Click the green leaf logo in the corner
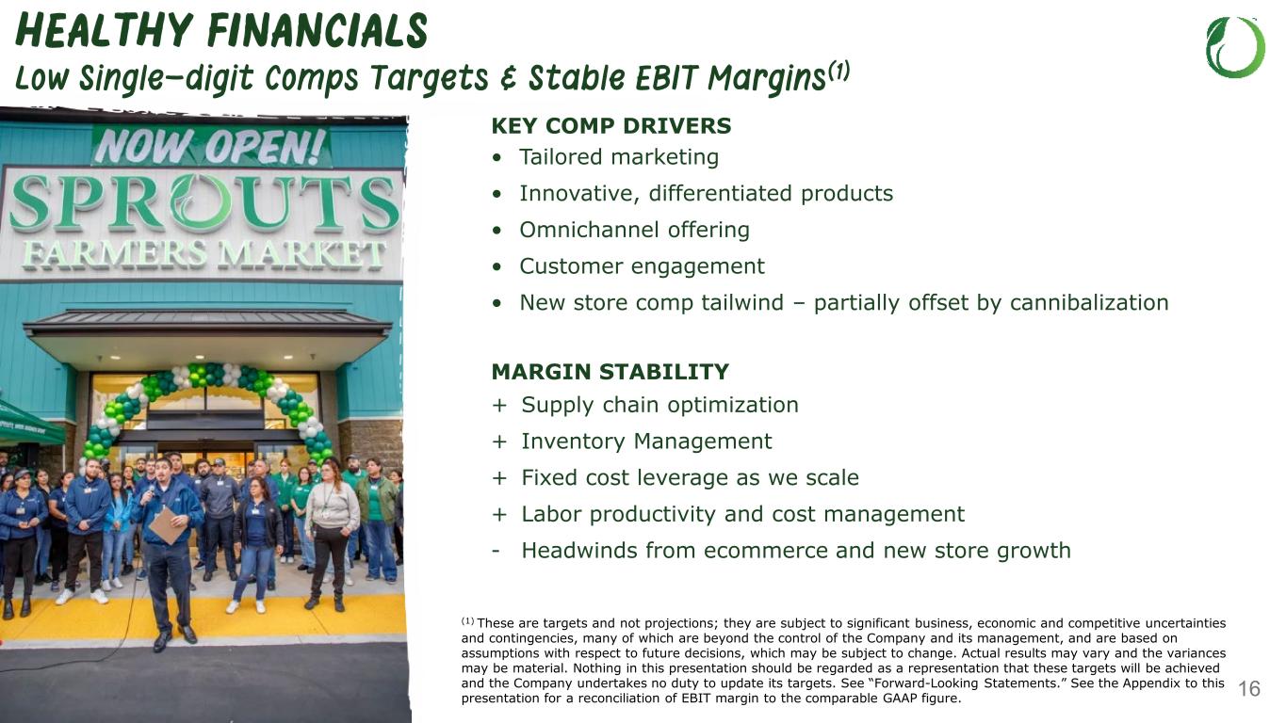click(1235, 47)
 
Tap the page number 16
click(1249, 688)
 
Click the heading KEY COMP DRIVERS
click(611, 125)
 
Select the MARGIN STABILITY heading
click(610, 372)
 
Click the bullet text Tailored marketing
click(619, 156)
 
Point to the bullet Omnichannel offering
click(634, 230)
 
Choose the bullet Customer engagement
click(642, 266)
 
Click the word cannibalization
click(1089, 302)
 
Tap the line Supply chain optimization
click(659, 405)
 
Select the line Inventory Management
click(646, 442)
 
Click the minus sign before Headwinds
click(496, 552)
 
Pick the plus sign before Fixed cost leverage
click(499, 478)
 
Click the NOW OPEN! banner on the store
click(211, 146)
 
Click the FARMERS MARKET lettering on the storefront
click(203, 255)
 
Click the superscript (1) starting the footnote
click(468, 621)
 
